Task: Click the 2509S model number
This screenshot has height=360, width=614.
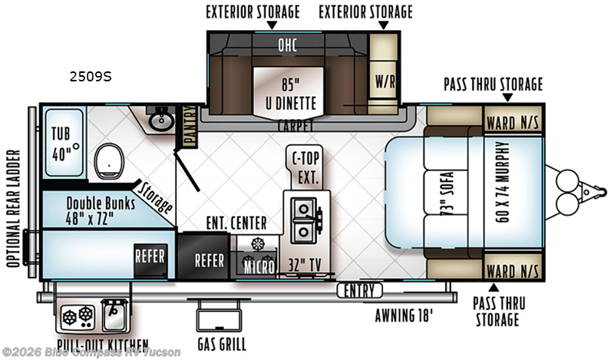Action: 91,77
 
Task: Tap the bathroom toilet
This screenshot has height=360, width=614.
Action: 109,161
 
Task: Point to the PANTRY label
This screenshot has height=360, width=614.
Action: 190,127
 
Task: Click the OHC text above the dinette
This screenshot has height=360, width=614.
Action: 287,45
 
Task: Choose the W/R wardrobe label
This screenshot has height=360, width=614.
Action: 385,81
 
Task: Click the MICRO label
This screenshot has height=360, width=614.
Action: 259,267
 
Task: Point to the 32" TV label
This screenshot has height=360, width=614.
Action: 305,265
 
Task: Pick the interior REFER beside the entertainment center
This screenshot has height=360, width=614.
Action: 210,260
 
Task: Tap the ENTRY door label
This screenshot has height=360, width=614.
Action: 359,291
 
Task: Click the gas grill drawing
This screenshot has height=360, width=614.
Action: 219,315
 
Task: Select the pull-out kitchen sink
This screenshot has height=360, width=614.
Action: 114,315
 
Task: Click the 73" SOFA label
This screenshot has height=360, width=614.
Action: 447,193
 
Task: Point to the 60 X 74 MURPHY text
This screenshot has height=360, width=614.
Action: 503,182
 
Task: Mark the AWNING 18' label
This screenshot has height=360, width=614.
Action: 404,315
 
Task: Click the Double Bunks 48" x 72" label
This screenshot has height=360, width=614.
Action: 101,211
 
